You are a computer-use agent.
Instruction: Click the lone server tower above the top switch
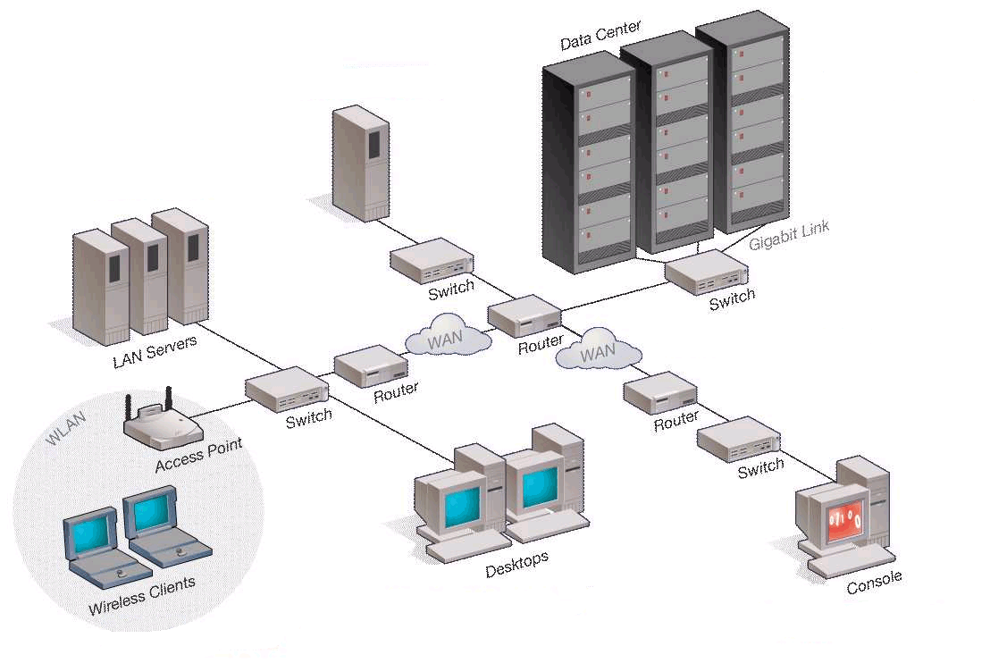361,164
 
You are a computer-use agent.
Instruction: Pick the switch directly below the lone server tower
432,260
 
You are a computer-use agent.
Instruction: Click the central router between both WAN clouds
524,317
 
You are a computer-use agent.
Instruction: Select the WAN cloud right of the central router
598,352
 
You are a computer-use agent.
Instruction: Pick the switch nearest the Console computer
737,440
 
